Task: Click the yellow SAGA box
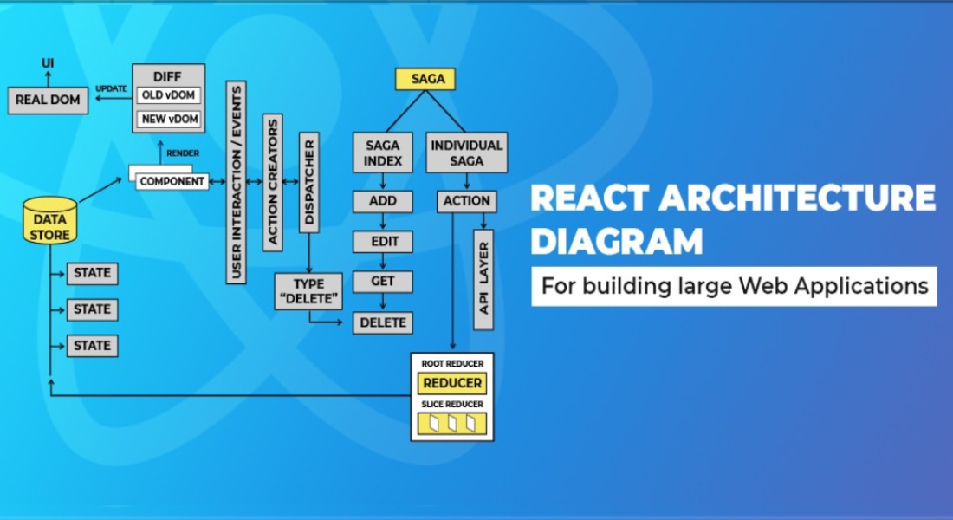(x=425, y=79)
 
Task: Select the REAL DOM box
(x=48, y=100)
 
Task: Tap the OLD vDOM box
(x=169, y=95)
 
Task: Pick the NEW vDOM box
(x=169, y=118)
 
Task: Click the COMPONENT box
(x=172, y=181)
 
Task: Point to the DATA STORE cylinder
(x=50, y=222)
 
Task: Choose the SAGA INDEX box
(x=382, y=152)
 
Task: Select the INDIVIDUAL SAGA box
(x=467, y=152)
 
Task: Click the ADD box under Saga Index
(x=382, y=201)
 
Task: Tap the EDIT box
(x=382, y=241)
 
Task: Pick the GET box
(x=382, y=281)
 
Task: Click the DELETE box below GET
(x=382, y=322)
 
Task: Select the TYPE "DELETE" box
(x=308, y=291)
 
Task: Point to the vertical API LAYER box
(x=483, y=279)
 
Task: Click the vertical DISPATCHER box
(x=308, y=183)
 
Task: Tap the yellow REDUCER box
(x=452, y=383)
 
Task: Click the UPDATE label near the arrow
(x=111, y=89)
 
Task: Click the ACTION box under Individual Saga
(x=467, y=201)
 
